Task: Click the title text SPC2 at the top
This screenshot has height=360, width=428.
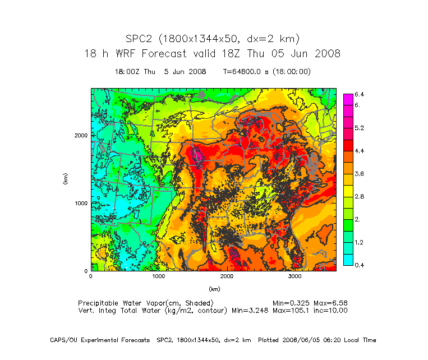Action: (x=139, y=39)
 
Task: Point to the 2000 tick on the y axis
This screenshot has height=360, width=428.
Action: (x=80, y=135)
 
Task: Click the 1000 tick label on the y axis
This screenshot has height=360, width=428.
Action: (x=80, y=203)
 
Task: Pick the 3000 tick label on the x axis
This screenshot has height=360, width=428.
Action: (x=294, y=276)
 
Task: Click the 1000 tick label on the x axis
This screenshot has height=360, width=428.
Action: (x=159, y=276)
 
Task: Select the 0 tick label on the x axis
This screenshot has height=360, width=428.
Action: (x=91, y=276)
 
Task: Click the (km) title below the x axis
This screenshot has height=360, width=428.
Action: (x=214, y=289)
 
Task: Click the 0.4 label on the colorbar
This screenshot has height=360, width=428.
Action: (x=360, y=265)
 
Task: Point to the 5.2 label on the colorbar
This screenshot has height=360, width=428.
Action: (x=360, y=128)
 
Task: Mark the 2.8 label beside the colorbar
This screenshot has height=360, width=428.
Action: (x=360, y=197)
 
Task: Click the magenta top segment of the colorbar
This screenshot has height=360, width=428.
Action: (x=348, y=99)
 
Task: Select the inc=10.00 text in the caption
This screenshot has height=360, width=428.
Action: (x=330, y=310)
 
